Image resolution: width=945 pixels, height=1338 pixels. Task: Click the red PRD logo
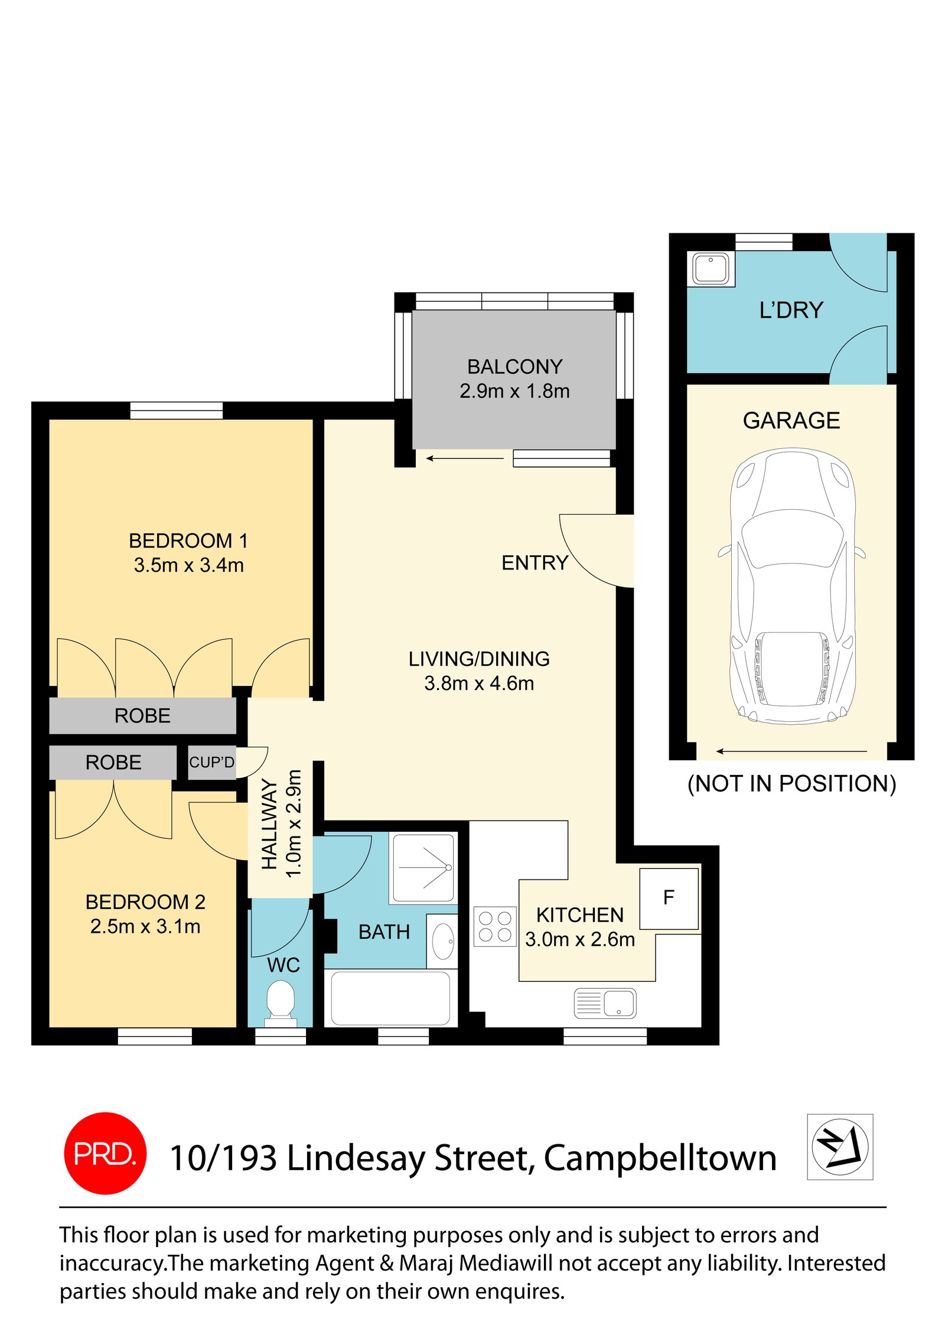pos(105,1153)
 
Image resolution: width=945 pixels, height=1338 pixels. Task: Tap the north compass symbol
pos(839,1147)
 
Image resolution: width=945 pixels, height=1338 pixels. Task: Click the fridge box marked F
pos(669,898)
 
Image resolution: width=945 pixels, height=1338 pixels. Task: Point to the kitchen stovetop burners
pos(495,926)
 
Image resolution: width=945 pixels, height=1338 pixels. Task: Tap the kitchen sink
pos(605,1003)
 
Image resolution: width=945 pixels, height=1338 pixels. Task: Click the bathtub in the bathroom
pos(390,998)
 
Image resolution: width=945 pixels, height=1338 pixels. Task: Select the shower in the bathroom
pos(423,868)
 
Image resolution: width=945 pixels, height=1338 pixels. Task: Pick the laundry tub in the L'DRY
pos(711,269)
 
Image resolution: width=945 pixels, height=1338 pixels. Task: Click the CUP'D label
pos(211,763)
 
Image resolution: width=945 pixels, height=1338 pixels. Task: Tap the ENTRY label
pos(535,563)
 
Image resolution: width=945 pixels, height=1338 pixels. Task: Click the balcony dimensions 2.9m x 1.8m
pos(514,391)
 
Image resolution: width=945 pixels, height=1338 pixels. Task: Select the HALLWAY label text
pos(269,824)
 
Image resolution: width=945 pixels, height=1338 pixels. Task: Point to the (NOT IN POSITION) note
pos(791,783)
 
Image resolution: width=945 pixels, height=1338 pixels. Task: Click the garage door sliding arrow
pos(791,751)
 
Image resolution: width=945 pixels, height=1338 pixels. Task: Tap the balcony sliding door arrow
pos(465,458)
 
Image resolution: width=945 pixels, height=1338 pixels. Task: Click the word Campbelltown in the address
pos(660,1158)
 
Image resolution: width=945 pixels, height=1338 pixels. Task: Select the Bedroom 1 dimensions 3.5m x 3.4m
pos(188,565)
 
